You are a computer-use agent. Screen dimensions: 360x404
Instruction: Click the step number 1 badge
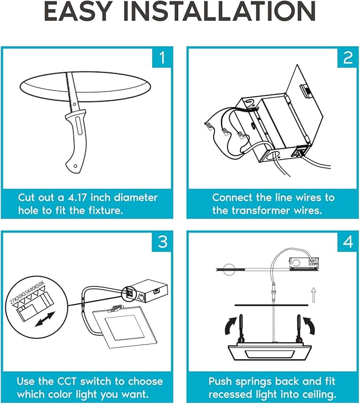(x=162, y=58)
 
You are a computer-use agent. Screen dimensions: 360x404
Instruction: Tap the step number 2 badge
(x=348, y=58)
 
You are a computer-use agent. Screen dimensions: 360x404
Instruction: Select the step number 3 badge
(x=162, y=242)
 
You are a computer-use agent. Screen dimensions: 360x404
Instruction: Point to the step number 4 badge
(x=348, y=242)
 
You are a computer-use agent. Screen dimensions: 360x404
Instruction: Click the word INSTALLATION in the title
(x=219, y=11)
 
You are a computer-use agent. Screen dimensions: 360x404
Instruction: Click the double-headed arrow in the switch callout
(x=45, y=319)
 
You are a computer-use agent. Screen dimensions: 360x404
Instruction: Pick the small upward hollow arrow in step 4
(x=313, y=294)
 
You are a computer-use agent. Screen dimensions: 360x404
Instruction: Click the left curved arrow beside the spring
(x=231, y=325)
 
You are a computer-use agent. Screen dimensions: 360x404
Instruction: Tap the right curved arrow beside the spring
(x=309, y=325)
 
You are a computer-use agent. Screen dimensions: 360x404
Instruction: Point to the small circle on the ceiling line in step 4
(x=229, y=269)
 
